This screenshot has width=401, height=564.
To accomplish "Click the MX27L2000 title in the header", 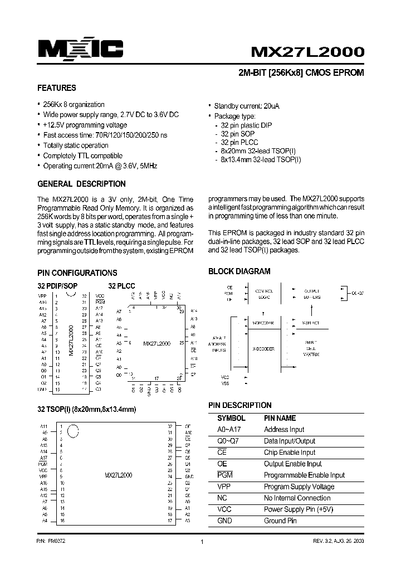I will (307, 52).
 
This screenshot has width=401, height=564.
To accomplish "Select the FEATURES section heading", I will (56, 88).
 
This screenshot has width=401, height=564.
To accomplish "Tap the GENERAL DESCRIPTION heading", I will (81, 184).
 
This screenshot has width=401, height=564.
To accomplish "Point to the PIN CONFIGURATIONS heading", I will (77, 273).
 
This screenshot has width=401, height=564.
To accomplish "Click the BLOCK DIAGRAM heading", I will (239, 271).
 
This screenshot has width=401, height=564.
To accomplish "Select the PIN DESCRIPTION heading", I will (239, 405).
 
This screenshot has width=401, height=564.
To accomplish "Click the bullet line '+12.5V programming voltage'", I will (85, 125).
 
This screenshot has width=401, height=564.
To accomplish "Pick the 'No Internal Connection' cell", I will (297, 498).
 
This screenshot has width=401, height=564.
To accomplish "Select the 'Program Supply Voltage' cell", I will (299, 487).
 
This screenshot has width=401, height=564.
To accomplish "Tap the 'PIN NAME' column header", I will (280, 418).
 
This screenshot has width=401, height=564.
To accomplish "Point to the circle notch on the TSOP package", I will (72, 430).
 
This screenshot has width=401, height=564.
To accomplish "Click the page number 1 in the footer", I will (200, 542).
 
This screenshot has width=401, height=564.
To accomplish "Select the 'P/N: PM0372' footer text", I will (51, 541).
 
